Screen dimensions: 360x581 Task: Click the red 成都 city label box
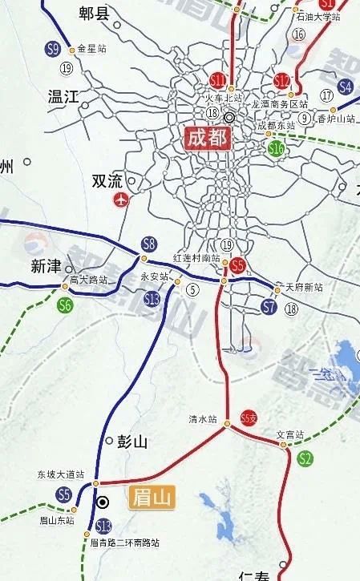[x=207, y=137]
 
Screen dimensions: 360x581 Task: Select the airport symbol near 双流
[x=121, y=200]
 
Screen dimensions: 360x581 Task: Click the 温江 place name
[x=63, y=97]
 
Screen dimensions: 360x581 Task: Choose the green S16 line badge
[x=277, y=148]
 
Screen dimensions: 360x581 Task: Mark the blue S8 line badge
[x=148, y=244]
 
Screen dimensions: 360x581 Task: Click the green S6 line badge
[x=65, y=305]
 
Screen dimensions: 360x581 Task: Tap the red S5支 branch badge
[x=250, y=416]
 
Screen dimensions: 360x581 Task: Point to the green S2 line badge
[x=305, y=458]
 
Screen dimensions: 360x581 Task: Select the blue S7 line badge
[x=269, y=307]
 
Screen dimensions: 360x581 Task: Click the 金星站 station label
[x=91, y=48]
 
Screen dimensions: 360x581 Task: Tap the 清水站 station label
[x=203, y=418]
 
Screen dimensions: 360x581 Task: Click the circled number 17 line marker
[x=326, y=95]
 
